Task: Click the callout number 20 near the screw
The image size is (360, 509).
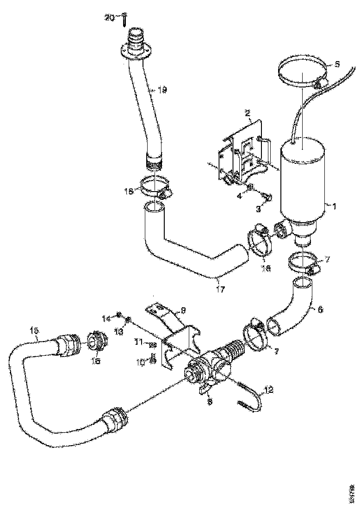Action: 109,18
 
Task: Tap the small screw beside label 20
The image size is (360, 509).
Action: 124,20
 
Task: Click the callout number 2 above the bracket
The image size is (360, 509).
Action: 248,112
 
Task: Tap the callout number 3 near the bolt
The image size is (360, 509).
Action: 259,209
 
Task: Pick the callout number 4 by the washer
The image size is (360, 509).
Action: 240,196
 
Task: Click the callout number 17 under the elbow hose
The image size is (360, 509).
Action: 220,290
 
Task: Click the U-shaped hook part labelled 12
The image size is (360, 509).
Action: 252,398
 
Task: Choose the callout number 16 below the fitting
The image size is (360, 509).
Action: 96,361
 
